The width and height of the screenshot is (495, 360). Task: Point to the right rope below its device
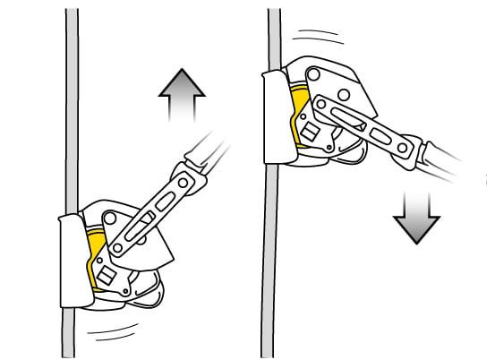269,269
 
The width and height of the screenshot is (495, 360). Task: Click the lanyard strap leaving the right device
448,161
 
